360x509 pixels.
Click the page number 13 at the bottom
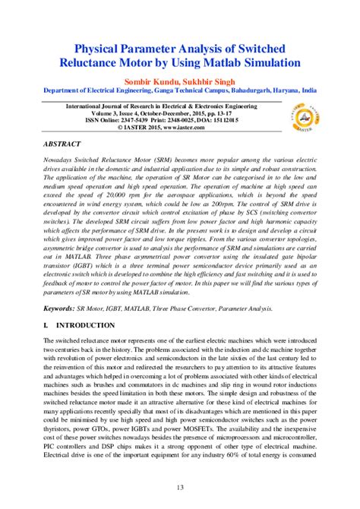pyautogui.click(x=179, y=488)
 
